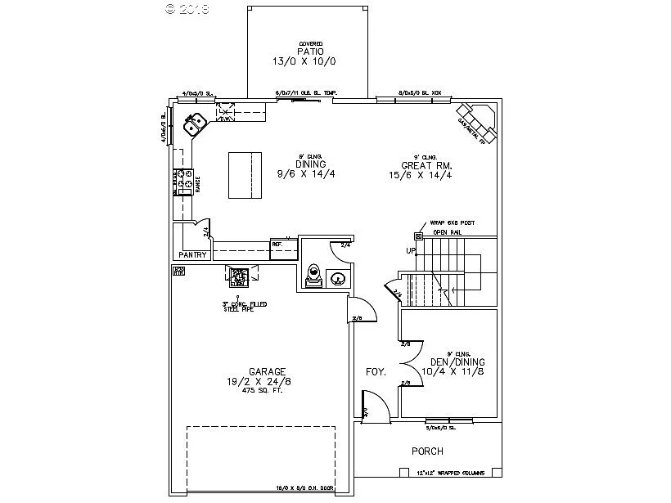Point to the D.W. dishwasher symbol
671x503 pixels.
pos(224,113)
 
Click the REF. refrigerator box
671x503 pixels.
pos(283,248)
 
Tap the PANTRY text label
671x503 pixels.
pos(192,255)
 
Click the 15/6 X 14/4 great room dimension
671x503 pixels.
pos(421,174)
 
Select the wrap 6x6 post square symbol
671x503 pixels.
pos(418,236)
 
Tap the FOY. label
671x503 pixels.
pos(375,372)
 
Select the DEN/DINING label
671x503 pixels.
pos(453,362)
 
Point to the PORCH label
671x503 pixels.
pos(427,451)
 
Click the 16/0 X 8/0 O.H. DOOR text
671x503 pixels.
pos(305,487)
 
